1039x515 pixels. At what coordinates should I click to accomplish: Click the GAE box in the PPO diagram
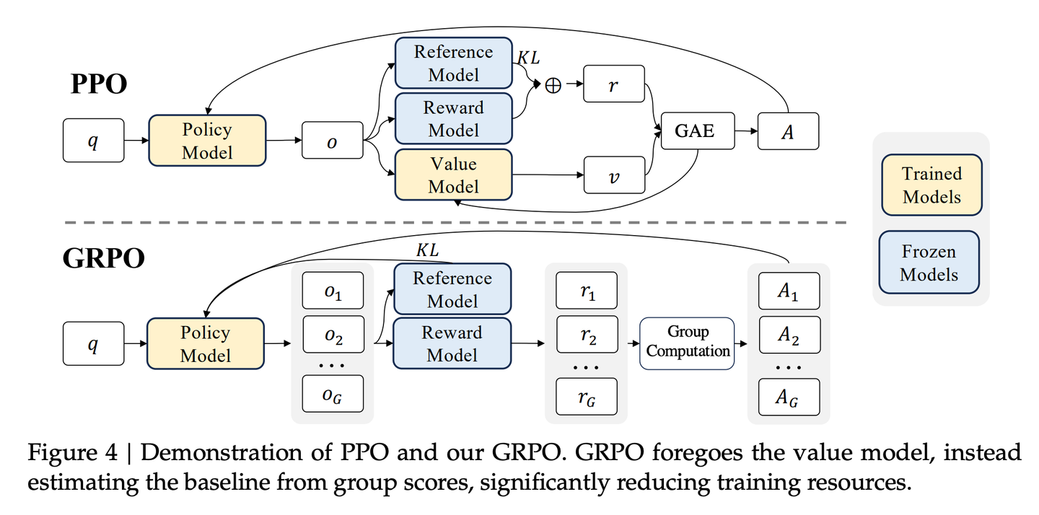point(698,131)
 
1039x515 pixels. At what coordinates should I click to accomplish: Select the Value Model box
point(453,175)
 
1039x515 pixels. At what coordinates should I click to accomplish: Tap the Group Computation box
point(687,343)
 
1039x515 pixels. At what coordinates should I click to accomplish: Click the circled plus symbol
point(553,85)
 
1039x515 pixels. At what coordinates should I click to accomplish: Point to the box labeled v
point(614,175)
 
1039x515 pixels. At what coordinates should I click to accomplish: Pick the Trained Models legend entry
point(932,185)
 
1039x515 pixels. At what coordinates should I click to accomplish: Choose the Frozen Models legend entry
point(929,263)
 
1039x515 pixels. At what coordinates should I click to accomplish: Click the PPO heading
point(99,84)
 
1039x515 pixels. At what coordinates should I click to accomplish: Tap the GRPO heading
point(103,257)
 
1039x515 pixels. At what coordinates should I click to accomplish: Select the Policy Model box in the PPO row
point(207,141)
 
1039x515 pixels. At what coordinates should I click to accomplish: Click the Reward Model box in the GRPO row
point(452,343)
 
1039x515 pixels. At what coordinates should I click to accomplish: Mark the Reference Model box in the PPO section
point(453,63)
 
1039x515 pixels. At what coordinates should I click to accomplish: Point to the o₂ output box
point(333,334)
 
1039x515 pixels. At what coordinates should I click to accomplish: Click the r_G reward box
point(587,397)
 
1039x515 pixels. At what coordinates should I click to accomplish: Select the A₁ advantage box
point(789,291)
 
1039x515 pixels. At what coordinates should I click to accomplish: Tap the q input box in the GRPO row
point(93,343)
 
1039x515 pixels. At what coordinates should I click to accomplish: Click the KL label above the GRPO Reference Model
point(427,250)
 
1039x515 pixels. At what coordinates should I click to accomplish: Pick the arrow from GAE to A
point(746,131)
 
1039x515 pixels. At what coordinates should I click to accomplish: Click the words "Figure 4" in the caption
point(72,452)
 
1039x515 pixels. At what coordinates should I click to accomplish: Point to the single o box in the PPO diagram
point(332,141)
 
